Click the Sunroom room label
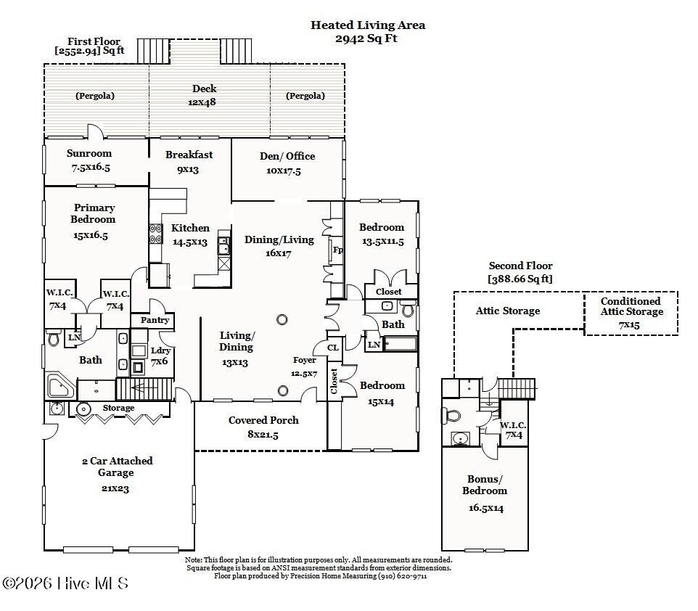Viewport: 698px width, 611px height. click(x=89, y=153)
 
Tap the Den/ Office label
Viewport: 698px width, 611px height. click(x=287, y=156)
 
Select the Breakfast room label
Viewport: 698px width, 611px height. click(x=189, y=155)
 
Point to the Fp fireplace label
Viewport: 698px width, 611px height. click(x=337, y=250)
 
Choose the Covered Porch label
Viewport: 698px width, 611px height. click(x=263, y=420)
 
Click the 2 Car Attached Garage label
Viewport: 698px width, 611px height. click(x=116, y=467)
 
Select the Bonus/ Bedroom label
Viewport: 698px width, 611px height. click(x=485, y=485)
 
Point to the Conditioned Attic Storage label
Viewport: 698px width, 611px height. click(x=631, y=306)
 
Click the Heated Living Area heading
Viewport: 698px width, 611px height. click(x=368, y=25)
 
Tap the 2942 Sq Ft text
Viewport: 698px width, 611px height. click(x=368, y=38)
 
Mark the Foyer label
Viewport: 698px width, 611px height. click(x=304, y=361)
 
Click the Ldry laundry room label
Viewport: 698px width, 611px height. click(x=160, y=351)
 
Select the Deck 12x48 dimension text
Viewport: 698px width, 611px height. click(x=204, y=102)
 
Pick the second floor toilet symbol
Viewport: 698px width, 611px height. click(x=451, y=416)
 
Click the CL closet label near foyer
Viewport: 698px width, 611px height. click(x=333, y=348)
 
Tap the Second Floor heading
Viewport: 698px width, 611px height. click(x=520, y=266)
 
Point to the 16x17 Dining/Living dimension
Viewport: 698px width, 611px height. click(x=279, y=254)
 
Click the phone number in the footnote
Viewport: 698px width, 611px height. click(x=401, y=576)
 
